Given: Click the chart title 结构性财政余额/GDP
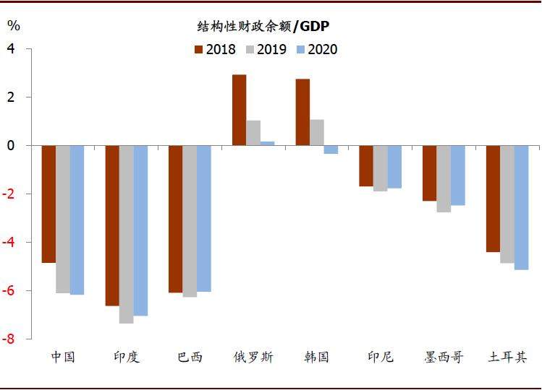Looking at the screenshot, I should pos(264,27).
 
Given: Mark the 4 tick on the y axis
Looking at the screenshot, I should pos(11,49).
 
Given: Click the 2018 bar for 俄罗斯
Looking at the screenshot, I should pos(239,110).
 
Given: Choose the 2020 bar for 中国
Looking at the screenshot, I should pos(77,220).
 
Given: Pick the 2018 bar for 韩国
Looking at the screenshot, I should pos(302,112).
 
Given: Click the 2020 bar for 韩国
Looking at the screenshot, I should pos(331,149).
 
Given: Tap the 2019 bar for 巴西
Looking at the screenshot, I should pos(190,221).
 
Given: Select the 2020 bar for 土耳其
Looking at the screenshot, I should pos(521,207).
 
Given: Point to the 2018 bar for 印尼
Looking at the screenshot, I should pos(366,165).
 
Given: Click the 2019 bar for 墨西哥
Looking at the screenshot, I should pos(444,178).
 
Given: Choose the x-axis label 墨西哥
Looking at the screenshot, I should pos(444,357).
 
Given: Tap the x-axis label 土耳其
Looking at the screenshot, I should pos(507,357).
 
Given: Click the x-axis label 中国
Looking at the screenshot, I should pos(63,357).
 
